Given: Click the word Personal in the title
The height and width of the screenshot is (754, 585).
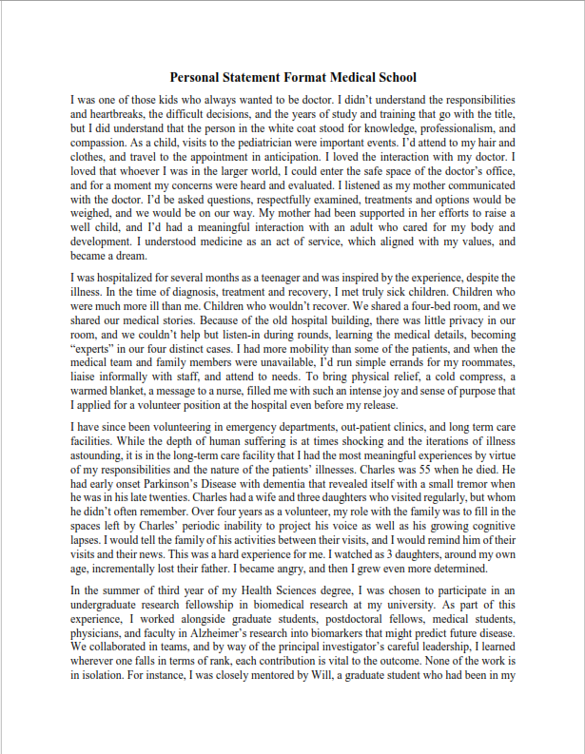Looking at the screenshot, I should (x=196, y=77).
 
